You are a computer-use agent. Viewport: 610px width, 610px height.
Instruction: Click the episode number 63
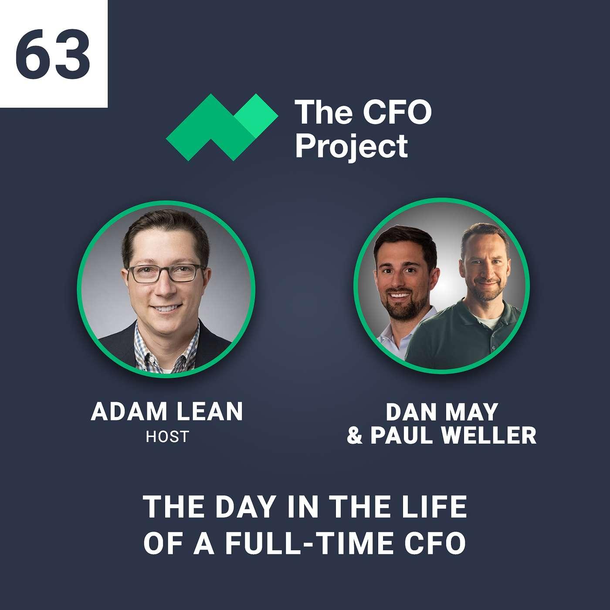[53, 53]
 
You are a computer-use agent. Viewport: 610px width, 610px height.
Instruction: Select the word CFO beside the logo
[397, 112]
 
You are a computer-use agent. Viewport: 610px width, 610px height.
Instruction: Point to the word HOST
[167, 436]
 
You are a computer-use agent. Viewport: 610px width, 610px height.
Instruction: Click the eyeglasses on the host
[167, 273]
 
